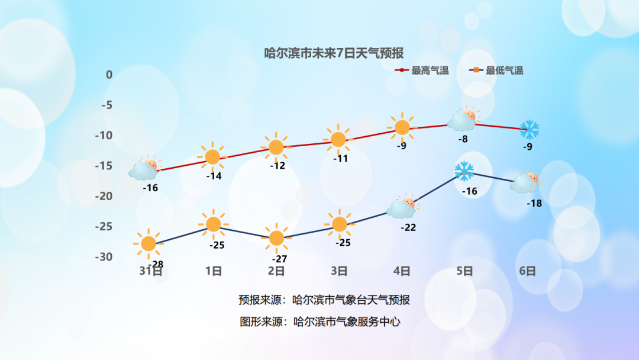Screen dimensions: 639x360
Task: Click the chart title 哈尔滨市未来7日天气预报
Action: (334, 53)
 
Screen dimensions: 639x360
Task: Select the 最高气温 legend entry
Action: (422, 70)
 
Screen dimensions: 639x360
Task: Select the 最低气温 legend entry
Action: (496, 70)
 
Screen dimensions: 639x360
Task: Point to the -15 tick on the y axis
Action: (104, 166)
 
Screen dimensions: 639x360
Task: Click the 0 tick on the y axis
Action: (109, 75)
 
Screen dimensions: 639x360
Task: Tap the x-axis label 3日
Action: (339, 271)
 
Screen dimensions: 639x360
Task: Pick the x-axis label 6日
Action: (527, 271)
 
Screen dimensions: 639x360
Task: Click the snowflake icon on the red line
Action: (530, 130)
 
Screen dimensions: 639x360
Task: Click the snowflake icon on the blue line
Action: (464, 171)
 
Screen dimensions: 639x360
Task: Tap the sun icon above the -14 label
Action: (213, 157)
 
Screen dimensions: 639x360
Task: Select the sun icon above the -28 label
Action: (149, 244)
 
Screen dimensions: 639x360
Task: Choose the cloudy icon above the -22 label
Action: (403, 207)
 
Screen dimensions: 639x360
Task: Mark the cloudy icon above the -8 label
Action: (464, 118)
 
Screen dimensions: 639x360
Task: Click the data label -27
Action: (279, 259)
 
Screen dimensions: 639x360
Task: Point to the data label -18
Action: (534, 203)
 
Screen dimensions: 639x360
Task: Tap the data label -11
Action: (341, 159)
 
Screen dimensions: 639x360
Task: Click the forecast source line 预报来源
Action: (324, 300)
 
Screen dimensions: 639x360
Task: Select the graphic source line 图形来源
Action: (320, 322)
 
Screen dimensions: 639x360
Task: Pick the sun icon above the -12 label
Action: (276, 147)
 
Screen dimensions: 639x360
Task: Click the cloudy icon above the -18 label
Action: (527, 181)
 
